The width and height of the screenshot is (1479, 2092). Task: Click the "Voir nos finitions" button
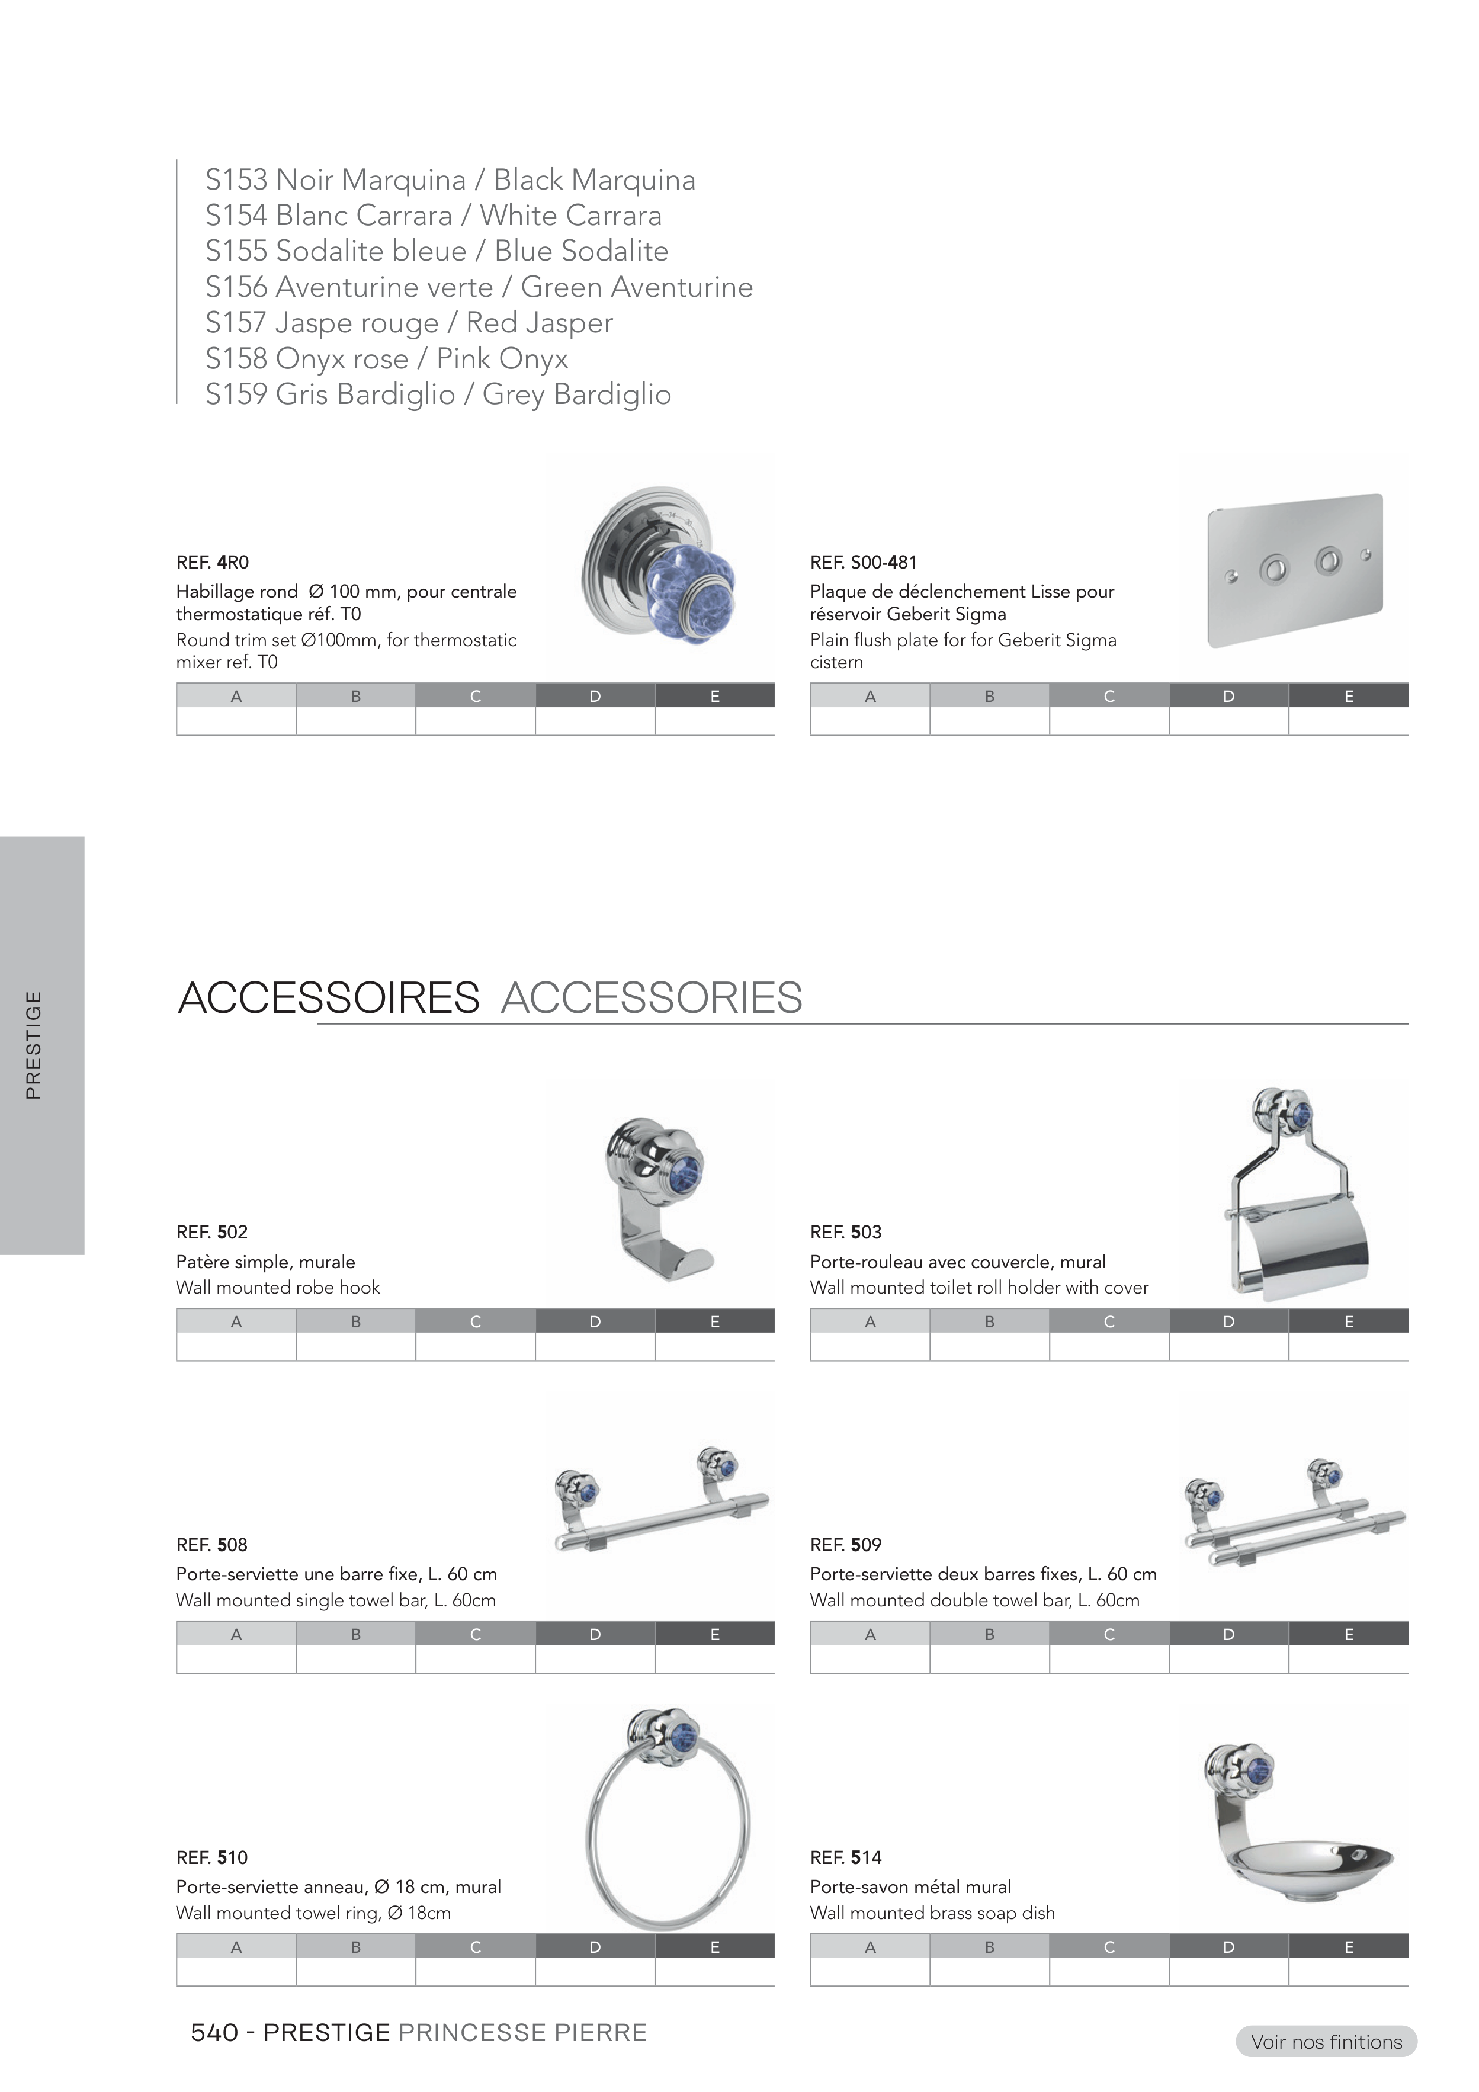click(x=1326, y=2042)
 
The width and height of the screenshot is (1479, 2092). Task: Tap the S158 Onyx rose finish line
click(x=386, y=358)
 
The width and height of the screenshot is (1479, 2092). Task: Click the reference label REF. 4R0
click(x=212, y=562)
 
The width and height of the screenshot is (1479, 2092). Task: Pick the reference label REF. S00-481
click(x=863, y=562)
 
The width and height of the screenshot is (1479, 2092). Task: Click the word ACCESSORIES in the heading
click(x=652, y=997)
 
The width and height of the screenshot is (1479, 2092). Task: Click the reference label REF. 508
click(x=211, y=1544)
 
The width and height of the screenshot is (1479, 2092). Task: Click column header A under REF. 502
click(x=236, y=1321)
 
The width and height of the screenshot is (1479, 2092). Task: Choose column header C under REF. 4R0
click(x=475, y=696)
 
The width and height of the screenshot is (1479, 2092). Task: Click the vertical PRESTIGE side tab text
click(x=34, y=1045)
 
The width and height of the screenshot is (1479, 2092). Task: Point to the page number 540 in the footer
click(x=214, y=2033)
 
